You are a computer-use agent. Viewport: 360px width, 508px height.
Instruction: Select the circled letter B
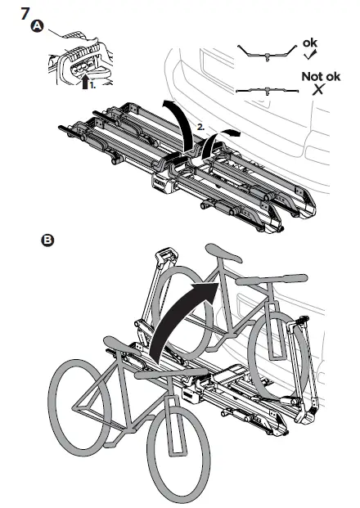pyautogui.click(x=47, y=241)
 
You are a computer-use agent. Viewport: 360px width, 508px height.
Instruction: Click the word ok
pyautogui.click(x=312, y=41)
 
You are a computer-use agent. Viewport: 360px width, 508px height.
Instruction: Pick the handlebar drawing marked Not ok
pyautogui.click(x=263, y=88)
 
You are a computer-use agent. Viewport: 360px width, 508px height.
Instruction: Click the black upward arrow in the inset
pyautogui.click(x=87, y=80)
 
